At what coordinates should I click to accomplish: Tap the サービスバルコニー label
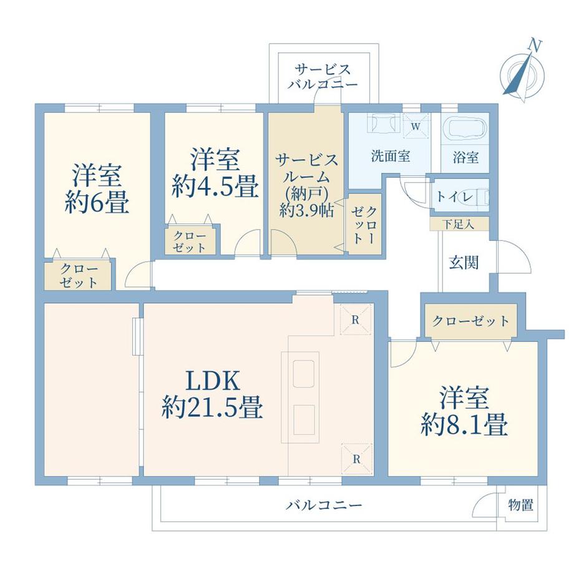point(323,76)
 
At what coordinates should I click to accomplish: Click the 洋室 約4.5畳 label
point(215,173)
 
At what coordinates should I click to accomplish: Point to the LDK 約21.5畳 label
point(212,394)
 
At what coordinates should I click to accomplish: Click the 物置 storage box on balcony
point(520,505)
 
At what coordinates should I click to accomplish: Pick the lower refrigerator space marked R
point(356,459)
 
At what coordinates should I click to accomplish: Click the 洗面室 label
point(391,157)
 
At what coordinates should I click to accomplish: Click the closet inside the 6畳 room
point(78,275)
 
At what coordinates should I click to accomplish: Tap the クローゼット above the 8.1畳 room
point(470,321)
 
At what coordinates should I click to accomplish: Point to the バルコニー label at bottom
point(324,504)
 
